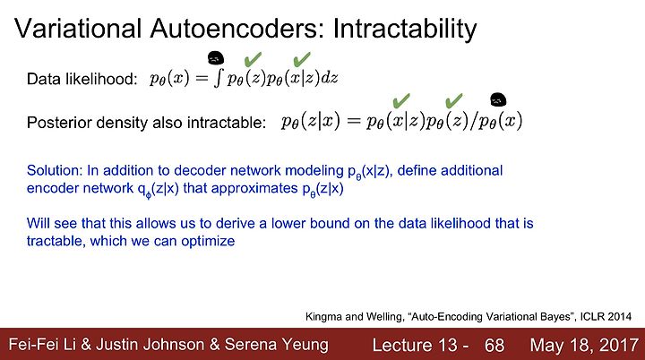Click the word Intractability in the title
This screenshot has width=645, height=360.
click(x=405, y=30)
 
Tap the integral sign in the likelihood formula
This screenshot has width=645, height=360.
click(x=219, y=78)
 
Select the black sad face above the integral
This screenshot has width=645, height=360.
click(x=216, y=58)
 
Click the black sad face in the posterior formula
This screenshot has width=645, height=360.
click(x=498, y=100)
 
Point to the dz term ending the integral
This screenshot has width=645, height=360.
click(x=329, y=78)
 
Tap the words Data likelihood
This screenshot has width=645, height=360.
click(x=82, y=79)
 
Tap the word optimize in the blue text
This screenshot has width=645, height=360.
click(x=208, y=241)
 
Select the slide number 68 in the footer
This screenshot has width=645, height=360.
click(x=494, y=345)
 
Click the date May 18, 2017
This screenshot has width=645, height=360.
click(x=584, y=345)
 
